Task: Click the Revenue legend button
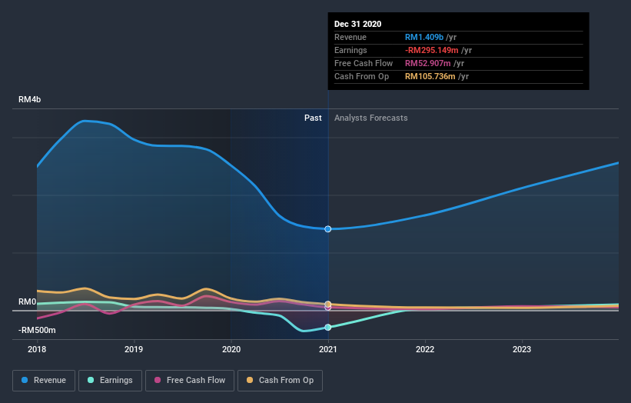pyautogui.click(x=44, y=380)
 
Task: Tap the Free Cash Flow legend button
pyautogui.click(x=189, y=380)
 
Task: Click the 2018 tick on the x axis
pyautogui.click(x=37, y=349)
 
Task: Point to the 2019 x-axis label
pyautogui.click(x=134, y=349)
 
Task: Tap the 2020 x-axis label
pyautogui.click(x=231, y=349)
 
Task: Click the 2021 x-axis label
pyautogui.click(x=328, y=349)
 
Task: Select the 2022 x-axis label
pyautogui.click(x=425, y=349)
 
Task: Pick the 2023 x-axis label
pyautogui.click(x=522, y=349)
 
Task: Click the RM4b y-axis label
pyautogui.click(x=32, y=100)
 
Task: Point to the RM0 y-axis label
pyautogui.click(x=28, y=302)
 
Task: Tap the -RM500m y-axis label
pyautogui.click(x=38, y=330)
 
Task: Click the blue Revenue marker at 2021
pyautogui.click(x=328, y=229)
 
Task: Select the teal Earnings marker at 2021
pyautogui.click(x=328, y=328)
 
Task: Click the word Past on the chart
pyautogui.click(x=313, y=118)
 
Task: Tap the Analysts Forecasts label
pyautogui.click(x=370, y=118)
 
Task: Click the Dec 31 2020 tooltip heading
pyautogui.click(x=357, y=25)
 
